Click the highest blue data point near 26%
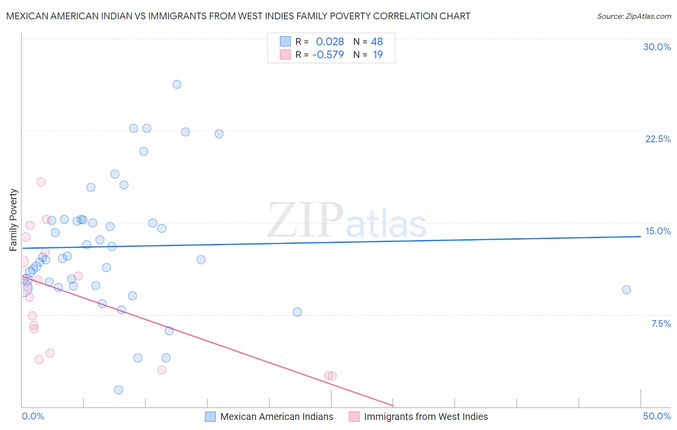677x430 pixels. click(177, 84)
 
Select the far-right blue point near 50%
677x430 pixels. click(626, 290)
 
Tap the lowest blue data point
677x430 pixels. click(118, 390)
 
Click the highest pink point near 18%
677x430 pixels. click(41, 182)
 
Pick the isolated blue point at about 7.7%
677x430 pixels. click(297, 312)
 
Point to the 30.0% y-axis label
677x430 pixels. click(657, 47)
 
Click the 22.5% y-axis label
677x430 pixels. click(658, 139)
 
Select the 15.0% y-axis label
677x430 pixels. click(658, 231)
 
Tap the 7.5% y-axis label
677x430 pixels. click(661, 323)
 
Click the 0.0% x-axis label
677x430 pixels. click(33, 416)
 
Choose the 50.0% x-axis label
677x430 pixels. click(657, 416)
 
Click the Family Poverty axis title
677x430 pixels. click(13, 220)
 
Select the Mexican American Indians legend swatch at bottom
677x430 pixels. click(210, 417)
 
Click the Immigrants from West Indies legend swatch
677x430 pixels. click(354, 417)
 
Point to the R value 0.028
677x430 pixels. click(330, 41)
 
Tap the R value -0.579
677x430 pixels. click(328, 54)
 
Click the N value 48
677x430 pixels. click(377, 41)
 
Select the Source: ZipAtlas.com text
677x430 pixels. click(634, 16)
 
